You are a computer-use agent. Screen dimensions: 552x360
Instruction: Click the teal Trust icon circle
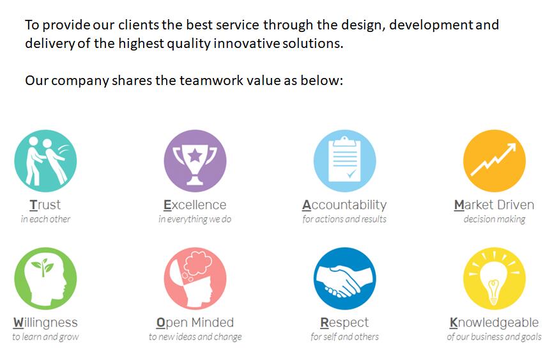tap(45, 161)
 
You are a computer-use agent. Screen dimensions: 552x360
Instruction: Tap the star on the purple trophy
tap(195, 155)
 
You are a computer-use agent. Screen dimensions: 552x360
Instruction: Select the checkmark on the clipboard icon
tap(351, 173)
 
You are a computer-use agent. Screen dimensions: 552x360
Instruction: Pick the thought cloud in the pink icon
tap(198, 263)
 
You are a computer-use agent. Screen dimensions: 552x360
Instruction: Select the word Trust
tap(45, 205)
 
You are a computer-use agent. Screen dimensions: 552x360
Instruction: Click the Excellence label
tap(195, 205)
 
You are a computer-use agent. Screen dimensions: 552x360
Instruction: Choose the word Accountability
tap(344, 205)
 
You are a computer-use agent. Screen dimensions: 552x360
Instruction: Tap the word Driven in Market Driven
tap(515, 205)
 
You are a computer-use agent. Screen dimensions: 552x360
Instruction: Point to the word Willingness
tap(45, 323)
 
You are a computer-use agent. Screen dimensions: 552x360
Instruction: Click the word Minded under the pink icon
tap(213, 322)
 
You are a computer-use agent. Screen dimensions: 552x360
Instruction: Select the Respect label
tap(344, 323)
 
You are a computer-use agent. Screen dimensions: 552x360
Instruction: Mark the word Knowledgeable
tap(494, 323)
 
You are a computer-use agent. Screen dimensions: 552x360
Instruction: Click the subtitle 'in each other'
tap(45, 219)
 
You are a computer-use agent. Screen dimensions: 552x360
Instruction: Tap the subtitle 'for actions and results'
tap(344, 219)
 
